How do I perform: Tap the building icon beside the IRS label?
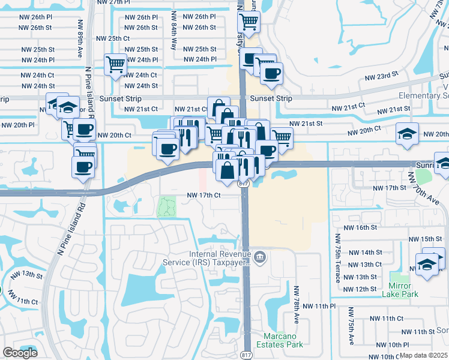[x=260, y=258]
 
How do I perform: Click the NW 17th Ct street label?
[x=204, y=195]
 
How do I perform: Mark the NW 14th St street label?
[x=365, y=253]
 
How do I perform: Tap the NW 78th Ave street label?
[x=297, y=304]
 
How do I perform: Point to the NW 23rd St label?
[x=382, y=76]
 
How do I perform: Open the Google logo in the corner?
[x=20, y=353]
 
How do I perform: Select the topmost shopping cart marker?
[x=249, y=22]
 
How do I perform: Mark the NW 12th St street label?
[x=361, y=289]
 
